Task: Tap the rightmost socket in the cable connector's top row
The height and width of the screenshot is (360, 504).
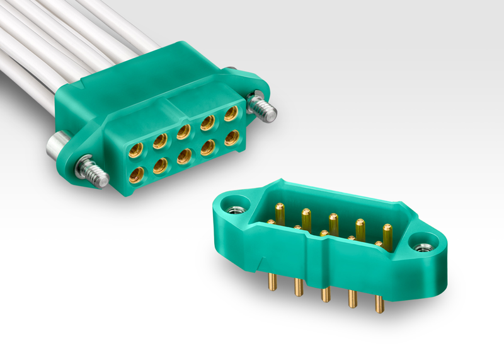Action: click(231, 113)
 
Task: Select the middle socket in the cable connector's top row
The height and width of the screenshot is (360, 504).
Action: click(184, 131)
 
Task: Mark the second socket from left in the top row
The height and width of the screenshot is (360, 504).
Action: click(160, 140)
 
